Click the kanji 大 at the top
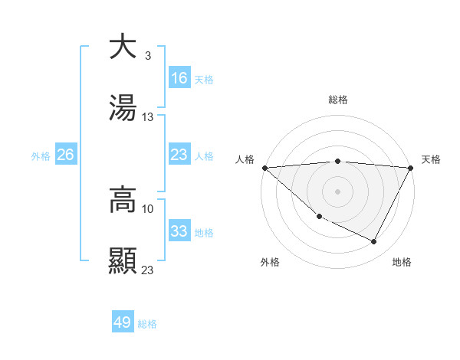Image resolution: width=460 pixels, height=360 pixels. pos(123,47)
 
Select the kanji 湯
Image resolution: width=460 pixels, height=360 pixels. pos(123,109)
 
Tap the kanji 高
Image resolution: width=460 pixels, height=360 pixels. pos(123,200)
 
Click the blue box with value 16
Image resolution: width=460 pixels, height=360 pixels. pos(179,78)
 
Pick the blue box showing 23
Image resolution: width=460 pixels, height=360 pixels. pos(179,155)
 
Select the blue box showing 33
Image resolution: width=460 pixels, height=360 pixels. pos(179,231)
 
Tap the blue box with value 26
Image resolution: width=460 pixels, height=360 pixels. pos(66,155)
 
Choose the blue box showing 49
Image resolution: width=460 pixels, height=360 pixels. pos(123,322)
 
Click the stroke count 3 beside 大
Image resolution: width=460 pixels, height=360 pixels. pos(148,56)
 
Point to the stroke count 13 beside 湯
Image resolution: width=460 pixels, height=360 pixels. pos(148,117)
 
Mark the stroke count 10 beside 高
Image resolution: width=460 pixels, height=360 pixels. pos(148,208)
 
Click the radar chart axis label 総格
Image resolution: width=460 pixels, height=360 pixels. pos(338,100)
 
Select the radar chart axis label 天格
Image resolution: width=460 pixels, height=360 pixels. pos(431,159)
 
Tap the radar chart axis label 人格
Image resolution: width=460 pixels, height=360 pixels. pos(245,159)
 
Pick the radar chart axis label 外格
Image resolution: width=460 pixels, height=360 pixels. pos(270,262)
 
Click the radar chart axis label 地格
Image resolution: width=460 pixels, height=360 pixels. pos(402,262)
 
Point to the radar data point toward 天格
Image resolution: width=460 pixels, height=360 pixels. pos(411,168)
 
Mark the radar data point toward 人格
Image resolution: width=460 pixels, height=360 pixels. pos(264,168)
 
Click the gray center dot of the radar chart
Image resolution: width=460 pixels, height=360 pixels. pos(338,191)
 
